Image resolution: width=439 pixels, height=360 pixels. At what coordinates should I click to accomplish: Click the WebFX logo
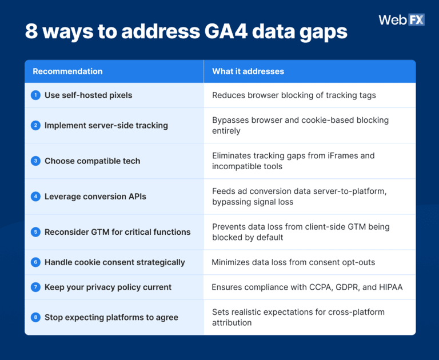pyautogui.click(x=401, y=19)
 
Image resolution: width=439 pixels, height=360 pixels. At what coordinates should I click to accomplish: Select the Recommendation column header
pyautogui.click(x=67, y=71)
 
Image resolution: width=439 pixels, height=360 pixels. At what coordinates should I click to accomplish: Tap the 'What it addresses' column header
pyautogui.click(x=248, y=71)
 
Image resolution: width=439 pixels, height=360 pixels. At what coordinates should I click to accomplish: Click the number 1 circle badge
pyautogui.click(x=35, y=95)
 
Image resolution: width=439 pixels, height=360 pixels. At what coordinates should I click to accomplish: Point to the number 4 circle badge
pyautogui.click(x=35, y=196)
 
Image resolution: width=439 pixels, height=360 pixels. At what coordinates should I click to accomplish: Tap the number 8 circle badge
pyautogui.click(x=35, y=317)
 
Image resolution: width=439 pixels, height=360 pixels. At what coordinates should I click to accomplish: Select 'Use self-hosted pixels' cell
pyautogui.click(x=88, y=95)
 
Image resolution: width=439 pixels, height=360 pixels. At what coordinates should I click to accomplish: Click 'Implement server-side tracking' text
pyautogui.click(x=106, y=125)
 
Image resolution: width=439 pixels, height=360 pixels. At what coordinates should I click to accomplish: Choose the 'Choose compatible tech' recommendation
pyautogui.click(x=92, y=161)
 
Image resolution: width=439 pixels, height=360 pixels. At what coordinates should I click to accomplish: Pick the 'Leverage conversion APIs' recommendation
pyautogui.click(x=95, y=197)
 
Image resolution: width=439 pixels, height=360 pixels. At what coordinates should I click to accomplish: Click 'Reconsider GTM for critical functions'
pyautogui.click(x=117, y=232)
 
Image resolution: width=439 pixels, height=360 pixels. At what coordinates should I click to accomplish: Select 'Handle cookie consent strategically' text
pyautogui.click(x=114, y=262)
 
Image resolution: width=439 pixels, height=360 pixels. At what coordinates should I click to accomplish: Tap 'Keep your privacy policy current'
pyautogui.click(x=107, y=287)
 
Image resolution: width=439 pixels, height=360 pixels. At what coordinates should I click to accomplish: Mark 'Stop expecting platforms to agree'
pyautogui.click(x=111, y=317)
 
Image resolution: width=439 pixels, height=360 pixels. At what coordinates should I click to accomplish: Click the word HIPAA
pyautogui.click(x=390, y=287)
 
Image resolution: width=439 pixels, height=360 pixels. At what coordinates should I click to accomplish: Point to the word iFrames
pyautogui.click(x=344, y=155)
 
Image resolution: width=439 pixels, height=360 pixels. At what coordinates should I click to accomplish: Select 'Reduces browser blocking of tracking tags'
pyautogui.click(x=294, y=95)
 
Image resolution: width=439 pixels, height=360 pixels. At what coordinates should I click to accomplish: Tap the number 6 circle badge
pyautogui.click(x=35, y=262)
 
